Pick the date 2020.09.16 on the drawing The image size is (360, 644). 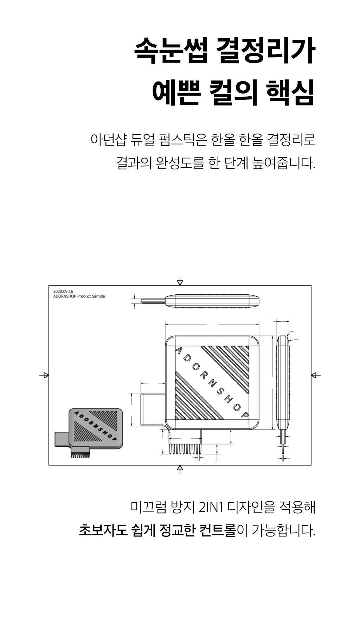click(x=63, y=291)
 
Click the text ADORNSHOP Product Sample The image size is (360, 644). click(x=79, y=296)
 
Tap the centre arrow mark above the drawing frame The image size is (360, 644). click(x=180, y=281)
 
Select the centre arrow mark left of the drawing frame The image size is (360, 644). click(x=44, y=375)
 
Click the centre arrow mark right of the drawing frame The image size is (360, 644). click(x=316, y=375)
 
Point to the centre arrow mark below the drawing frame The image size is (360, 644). click(x=180, y=469)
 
